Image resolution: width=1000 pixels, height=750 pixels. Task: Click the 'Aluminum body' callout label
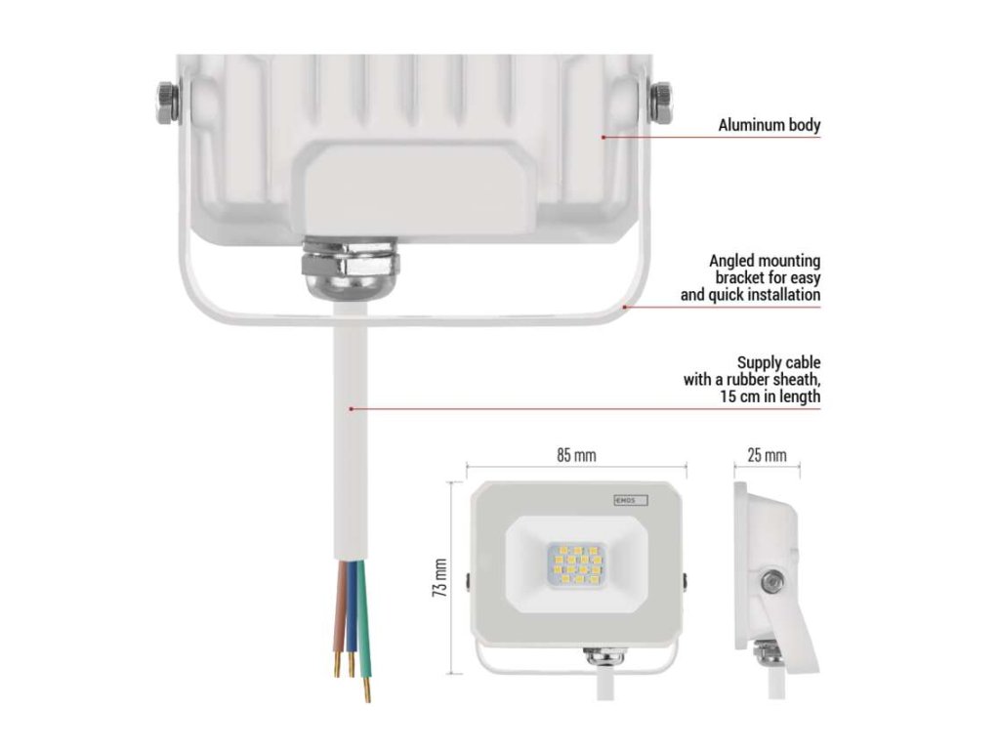coord(769,125)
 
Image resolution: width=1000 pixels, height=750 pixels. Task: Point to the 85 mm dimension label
coord(576,455)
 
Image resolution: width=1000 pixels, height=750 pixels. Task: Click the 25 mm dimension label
coord(767,455)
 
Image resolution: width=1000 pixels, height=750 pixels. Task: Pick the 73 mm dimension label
coord(440,578)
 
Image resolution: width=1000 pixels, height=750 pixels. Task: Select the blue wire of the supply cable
coord(350,620)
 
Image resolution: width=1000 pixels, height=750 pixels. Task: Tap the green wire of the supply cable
coord(362,625)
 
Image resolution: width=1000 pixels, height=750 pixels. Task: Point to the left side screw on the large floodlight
coord(166,102)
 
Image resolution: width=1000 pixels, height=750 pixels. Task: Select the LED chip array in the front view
coord(573,564)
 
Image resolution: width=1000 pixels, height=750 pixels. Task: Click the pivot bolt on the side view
coord(771,581)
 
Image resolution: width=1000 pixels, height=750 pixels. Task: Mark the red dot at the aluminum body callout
coord(604,137)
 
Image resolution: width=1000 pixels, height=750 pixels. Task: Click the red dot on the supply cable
coord(351,408)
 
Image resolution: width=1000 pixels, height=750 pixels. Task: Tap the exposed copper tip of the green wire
coord(367,692)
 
